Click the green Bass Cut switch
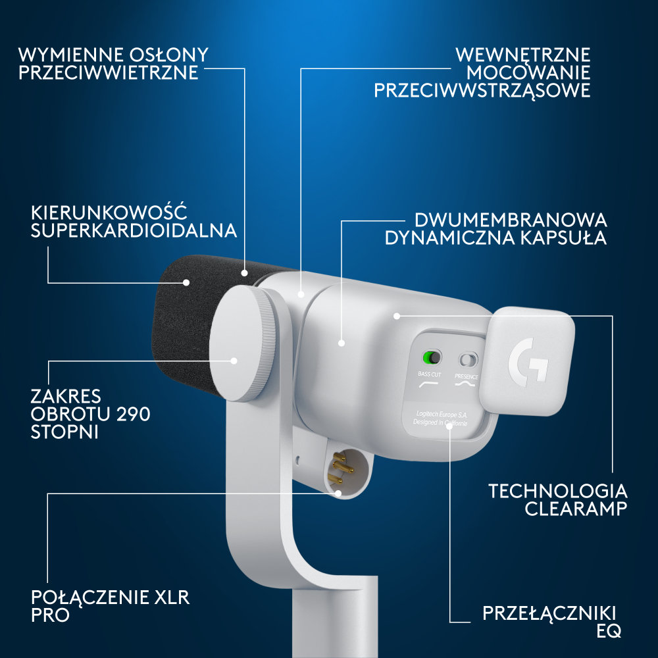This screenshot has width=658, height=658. (431, 358)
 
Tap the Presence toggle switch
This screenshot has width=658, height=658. (469, 359)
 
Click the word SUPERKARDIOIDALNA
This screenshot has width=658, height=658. (134, 231)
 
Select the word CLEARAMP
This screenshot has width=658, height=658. (576, 509)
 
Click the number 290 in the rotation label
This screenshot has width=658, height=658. (129, 415)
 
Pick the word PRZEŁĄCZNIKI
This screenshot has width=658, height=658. (552, 614)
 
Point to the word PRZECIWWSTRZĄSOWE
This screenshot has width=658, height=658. (482, 91)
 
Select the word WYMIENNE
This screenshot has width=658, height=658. (64, 54)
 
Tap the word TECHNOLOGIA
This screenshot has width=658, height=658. (558, 491)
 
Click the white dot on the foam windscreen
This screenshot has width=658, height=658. (186, 282)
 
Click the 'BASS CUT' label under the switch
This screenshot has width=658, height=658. (430, 374)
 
